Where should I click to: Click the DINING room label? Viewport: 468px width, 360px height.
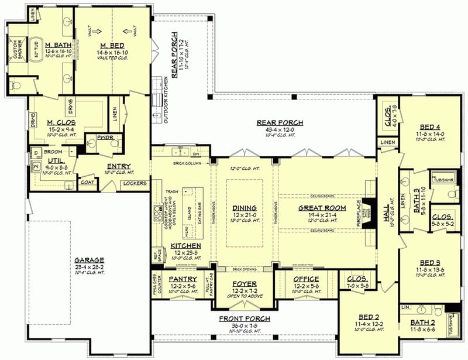[244, 207]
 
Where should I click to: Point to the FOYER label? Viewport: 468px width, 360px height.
[245, 284]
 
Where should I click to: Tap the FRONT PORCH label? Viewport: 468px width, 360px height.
[245, 319]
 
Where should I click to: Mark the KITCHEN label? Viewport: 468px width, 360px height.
[186, 246]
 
